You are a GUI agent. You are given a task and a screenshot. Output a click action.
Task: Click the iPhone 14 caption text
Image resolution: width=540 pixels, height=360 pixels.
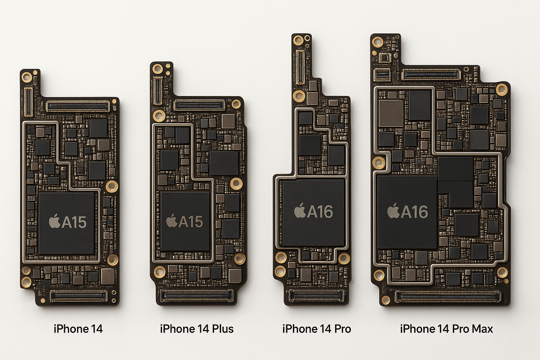point(78,329)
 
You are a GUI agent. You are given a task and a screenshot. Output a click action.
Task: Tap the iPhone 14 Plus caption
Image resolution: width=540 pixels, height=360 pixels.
point(197,329)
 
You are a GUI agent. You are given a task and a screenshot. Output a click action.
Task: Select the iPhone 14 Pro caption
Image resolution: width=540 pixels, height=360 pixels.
point(316,329)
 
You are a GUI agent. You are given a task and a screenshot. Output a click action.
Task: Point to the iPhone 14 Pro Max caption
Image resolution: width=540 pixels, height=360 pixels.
point(446,329)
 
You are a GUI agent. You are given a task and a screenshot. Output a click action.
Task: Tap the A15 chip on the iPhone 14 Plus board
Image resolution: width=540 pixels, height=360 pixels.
point(185,221)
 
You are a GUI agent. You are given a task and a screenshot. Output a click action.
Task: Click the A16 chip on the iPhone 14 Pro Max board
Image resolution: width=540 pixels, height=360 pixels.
point(407,212)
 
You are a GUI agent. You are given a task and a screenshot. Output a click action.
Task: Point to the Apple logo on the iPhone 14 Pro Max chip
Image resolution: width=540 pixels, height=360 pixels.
point(393,211)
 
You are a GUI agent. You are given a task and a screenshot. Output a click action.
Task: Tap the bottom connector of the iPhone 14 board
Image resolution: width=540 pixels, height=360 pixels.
point(78,296)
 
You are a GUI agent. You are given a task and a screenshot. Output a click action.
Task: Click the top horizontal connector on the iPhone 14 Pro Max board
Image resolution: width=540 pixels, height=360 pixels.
point(431,74)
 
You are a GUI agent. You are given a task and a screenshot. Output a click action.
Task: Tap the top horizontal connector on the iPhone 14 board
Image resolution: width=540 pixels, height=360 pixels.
point(78,106)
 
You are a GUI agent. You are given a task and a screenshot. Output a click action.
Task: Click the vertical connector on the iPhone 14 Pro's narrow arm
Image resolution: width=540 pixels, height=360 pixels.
point(300,67)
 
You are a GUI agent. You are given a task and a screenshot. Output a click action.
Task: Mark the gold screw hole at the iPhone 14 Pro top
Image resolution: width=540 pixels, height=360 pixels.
point(298,40)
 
